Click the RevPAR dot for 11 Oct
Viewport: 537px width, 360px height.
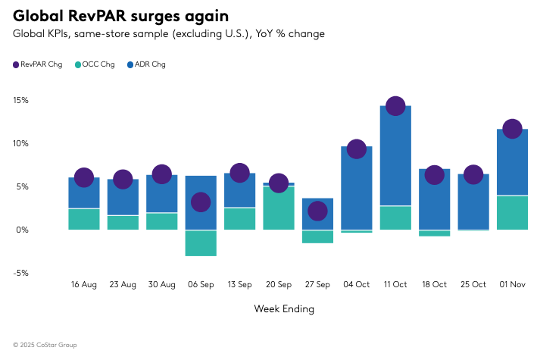395,106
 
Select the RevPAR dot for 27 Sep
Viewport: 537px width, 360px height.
317,211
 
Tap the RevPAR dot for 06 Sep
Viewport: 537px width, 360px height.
201,202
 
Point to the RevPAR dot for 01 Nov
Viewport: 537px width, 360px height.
512,129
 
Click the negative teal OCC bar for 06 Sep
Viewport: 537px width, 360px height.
201,243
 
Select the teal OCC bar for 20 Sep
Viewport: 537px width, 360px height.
279,208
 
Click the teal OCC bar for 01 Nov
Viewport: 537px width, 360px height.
512,213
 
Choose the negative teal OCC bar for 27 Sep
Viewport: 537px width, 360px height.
317,236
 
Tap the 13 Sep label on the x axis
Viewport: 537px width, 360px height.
239,285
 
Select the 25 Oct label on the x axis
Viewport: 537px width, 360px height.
473,285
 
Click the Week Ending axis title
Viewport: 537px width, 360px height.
284,309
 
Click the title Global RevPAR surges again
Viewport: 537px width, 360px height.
121,15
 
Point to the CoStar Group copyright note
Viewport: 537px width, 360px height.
45,345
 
